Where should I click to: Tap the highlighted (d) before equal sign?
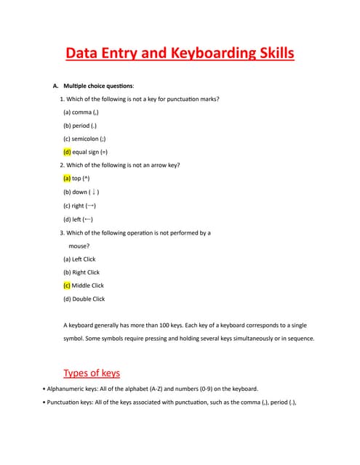(x=67, y=152)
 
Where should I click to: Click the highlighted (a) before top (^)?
(x=67, y=178)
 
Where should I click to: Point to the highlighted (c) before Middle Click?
(x=67, y=286)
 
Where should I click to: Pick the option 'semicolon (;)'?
(x=89, y=139)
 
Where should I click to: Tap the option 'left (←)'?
(x=81, y=219)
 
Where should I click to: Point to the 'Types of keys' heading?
(x=92, y=373)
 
